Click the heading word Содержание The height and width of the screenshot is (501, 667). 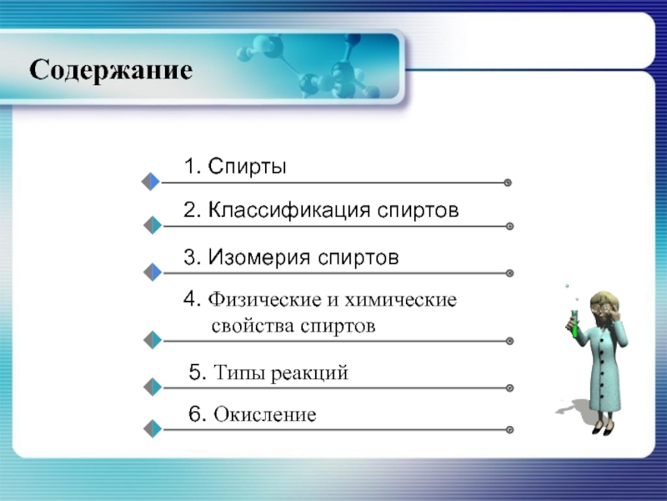coord(111,70)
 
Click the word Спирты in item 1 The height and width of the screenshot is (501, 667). coord(247,166)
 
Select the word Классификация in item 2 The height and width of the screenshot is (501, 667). coord(289,210)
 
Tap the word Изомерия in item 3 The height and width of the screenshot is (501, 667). coord(260,257)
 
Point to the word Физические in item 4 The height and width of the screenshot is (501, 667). coord(264,300)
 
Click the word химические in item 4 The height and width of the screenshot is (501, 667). coord(401,300)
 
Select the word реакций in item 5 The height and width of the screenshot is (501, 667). coord(309,373)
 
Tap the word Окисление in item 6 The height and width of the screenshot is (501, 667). coord(265,414)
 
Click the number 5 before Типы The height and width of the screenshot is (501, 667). coord(195,372)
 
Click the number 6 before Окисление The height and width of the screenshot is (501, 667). coord(195,413)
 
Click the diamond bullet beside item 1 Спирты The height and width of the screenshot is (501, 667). coord(151,181)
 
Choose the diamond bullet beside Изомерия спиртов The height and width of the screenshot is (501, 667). coord(153,272)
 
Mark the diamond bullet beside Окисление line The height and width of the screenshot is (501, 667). coord(153,428)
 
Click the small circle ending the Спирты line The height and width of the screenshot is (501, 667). coord(508,183)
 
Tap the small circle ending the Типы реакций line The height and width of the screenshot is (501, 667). coord(509,387)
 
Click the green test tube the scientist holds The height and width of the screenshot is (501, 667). coord(574,325)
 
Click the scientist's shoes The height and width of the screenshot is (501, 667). coord(603,428)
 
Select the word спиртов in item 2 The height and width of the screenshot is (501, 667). coord(419,210)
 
